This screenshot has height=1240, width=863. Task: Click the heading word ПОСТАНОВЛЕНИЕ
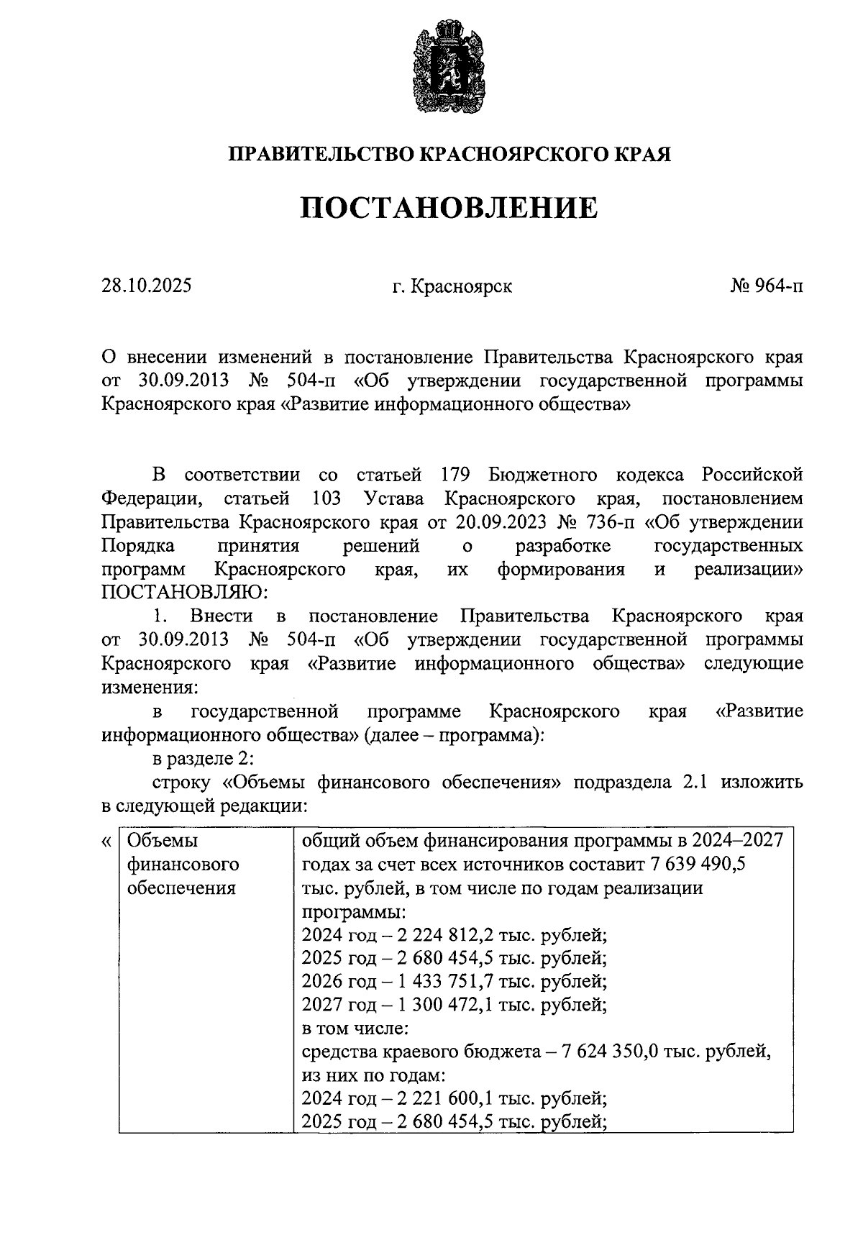449,208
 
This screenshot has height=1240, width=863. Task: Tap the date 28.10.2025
147,286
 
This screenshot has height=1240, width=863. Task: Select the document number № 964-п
766,286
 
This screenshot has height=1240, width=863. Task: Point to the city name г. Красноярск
452,287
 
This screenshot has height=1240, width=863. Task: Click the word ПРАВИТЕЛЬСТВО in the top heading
321,154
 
